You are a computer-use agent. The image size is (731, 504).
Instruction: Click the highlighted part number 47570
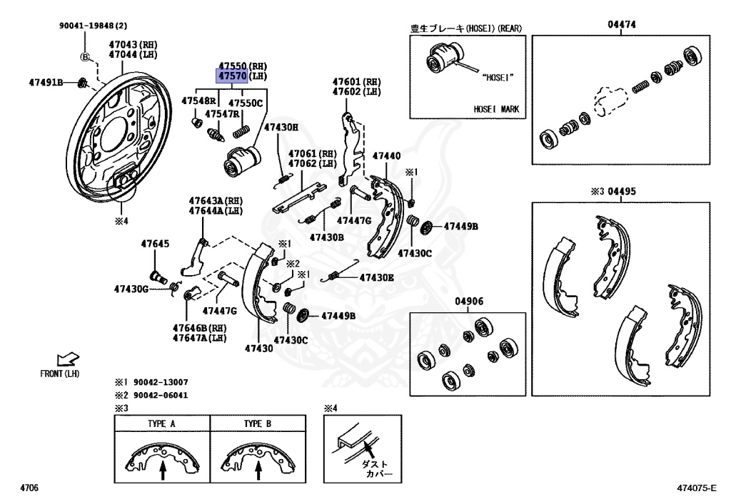click(232, 76)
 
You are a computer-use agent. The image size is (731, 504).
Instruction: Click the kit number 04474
click(622, 25)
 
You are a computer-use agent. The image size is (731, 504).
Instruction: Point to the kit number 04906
click(469, 302)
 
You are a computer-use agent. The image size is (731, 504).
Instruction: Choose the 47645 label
click(155, 244)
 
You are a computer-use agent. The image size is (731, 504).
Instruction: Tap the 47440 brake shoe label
click(386, 155)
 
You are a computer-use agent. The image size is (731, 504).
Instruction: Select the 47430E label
click(376, 277)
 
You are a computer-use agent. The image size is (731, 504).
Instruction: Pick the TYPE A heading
click(161, 423)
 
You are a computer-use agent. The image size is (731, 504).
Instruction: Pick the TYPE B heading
click(258, 423)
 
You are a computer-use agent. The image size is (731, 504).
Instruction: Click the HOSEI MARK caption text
click(497, 109)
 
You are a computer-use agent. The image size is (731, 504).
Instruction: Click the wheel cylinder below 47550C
click(240, 161)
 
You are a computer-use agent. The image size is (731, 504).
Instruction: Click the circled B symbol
click(84, 57)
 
